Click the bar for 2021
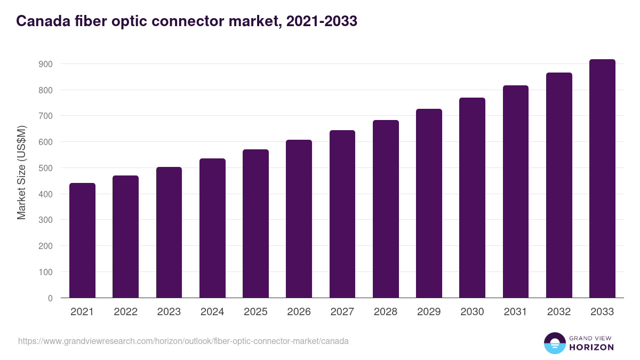point(82,241)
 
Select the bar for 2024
point(212,228)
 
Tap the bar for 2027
point(342,214)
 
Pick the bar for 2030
point(473,198)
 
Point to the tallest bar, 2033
point(602,179)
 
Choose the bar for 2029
point(429,203)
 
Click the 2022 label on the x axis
point(125,312)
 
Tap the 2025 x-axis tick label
point(255,312)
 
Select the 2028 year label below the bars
point(386,312)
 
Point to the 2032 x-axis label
point(559,312)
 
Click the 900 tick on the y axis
point(46,64)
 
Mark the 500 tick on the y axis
point(46,168)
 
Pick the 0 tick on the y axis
point(50,298)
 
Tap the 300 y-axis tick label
point(46,220)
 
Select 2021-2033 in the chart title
point(322,21)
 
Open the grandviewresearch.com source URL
point(183,341)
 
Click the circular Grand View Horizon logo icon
point(554,343)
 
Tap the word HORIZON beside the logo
point(591,347)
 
